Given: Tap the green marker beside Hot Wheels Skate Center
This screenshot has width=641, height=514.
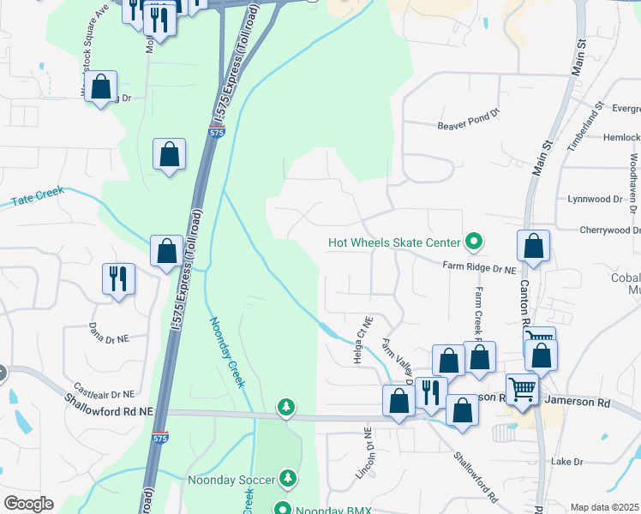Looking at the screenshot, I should [472, 242].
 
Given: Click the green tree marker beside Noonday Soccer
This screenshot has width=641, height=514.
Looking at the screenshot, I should [291, 476].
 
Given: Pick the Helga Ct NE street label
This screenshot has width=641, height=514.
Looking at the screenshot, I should [361, 340].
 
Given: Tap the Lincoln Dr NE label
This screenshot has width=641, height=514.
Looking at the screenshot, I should [368, 450].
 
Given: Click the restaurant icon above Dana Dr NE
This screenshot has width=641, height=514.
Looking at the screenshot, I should [117, 278].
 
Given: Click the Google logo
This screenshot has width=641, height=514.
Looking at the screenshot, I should [28, 504].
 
